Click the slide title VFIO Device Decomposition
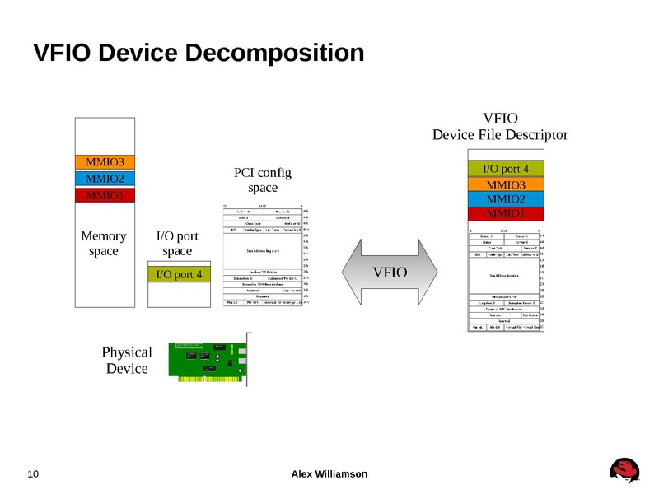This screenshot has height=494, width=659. (198, 54)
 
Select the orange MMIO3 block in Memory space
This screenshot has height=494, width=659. (105, 162)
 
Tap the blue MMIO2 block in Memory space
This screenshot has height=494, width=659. (105, 179)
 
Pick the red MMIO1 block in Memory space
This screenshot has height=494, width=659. (105, 196)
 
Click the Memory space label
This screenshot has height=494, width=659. (104, 244)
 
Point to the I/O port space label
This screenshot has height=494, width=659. (177, 244)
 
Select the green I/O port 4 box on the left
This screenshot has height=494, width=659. (177, 274)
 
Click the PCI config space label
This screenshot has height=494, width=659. (264, 180)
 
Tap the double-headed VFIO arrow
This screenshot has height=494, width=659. (390, 272)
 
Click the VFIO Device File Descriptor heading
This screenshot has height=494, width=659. (500, 126)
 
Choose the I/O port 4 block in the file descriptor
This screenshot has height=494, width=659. (505, 170)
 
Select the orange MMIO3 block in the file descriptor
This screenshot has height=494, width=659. (505, 184)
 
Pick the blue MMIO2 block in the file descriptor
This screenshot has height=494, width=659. (505, 199)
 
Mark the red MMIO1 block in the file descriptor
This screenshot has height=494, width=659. (505, 214)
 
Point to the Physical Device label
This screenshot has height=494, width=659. (127, 361)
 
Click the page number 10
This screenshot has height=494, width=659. (34, 473)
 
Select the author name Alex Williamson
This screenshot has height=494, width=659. (329, 473)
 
